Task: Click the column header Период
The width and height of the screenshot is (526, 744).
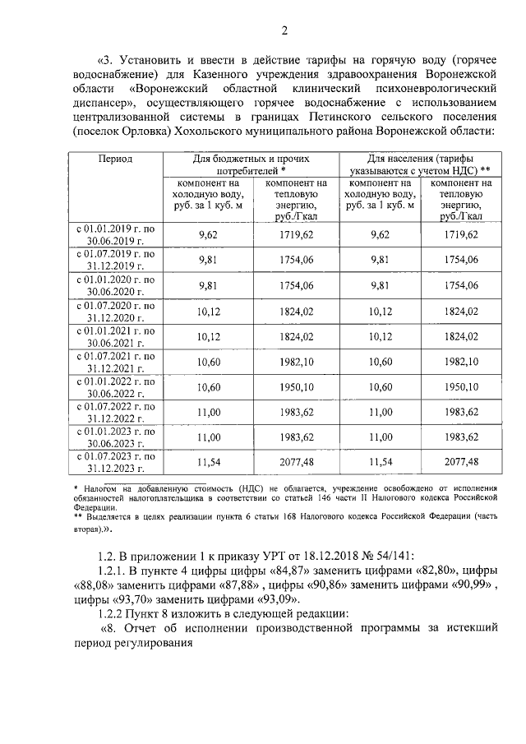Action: [x=116, y=158]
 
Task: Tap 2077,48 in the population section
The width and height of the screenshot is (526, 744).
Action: [x=461, y=463]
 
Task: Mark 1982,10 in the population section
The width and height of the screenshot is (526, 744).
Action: [x=461, y=362]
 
